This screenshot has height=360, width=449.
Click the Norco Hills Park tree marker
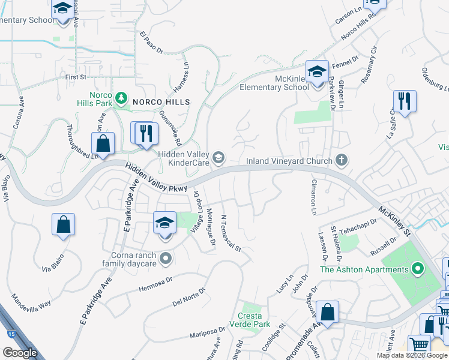121,97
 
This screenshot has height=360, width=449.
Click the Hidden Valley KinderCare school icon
219,158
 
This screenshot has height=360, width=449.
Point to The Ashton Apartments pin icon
415,269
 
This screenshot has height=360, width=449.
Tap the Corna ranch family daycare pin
166,259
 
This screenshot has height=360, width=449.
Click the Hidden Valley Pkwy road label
152,178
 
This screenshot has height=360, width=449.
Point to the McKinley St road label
394,220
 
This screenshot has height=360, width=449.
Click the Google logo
20,352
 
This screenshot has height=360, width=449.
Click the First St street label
77,77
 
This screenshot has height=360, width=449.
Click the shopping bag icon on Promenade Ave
327,311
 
